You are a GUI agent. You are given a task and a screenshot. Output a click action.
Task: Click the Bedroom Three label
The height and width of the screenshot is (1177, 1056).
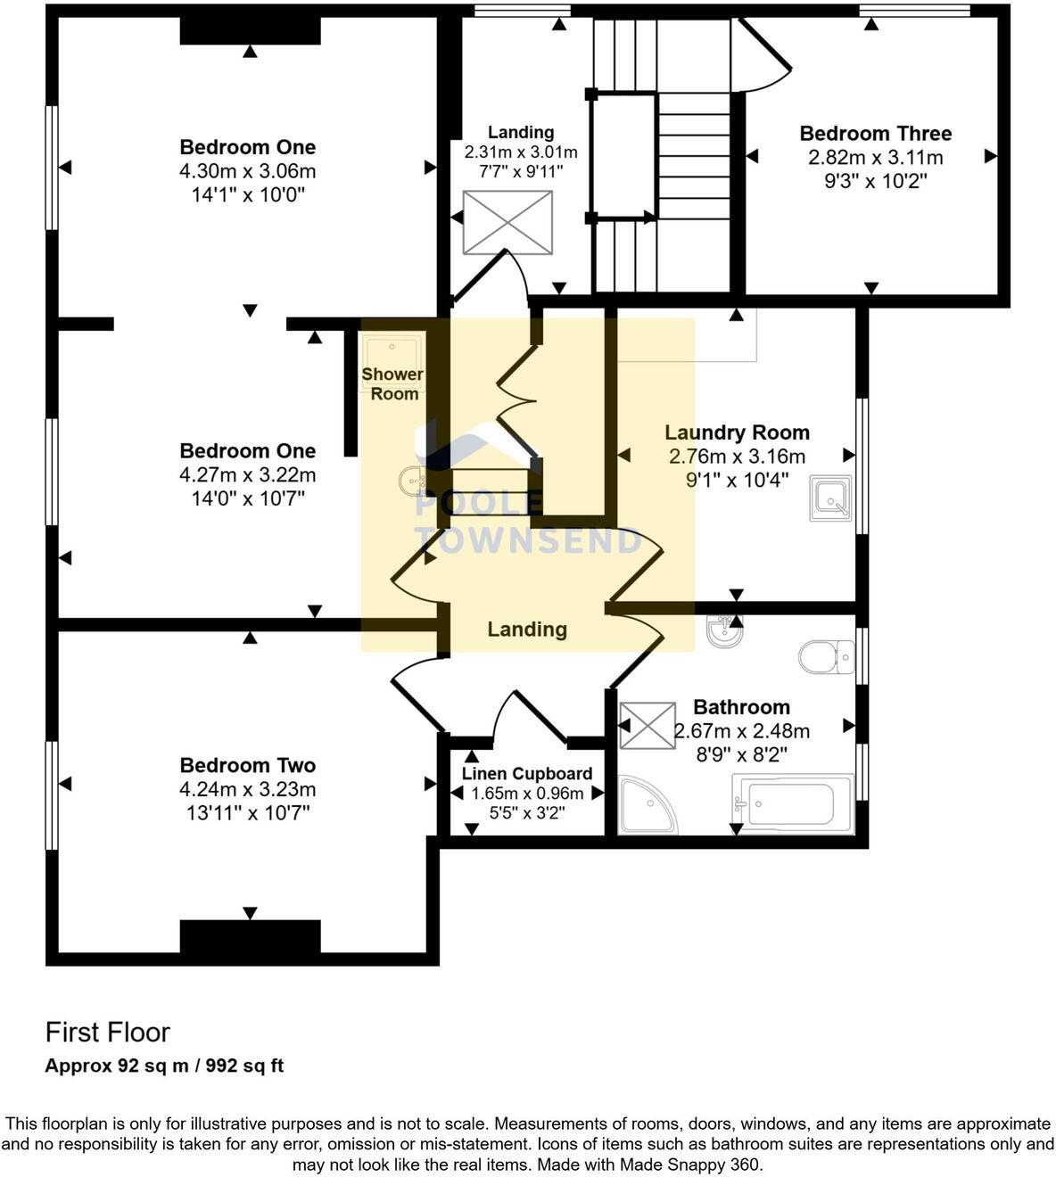(x=875, y=134)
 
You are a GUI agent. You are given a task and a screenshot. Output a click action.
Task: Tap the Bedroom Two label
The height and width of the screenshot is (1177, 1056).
(x=247, y=765)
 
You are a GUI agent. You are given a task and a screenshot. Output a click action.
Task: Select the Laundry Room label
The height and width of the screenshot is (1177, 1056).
(x=737, y=432)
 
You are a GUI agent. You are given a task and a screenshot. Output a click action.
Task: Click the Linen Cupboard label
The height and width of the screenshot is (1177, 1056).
(x=526, y=773)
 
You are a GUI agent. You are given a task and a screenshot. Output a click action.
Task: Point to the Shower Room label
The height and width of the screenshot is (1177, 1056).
(x=392, y=383)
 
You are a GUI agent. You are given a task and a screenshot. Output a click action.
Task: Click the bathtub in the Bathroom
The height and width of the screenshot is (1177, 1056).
(x=792, y=803)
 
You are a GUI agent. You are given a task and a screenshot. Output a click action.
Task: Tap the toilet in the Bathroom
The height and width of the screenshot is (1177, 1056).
(x=825, y=657)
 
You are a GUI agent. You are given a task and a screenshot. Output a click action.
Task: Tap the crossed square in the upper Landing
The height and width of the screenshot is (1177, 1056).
(x=507, y=222)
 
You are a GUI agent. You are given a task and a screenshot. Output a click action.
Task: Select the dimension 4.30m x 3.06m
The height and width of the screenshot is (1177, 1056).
(x=247, y=171)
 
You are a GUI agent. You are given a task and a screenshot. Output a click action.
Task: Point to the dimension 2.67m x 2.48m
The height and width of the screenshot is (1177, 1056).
(x=741, y=731)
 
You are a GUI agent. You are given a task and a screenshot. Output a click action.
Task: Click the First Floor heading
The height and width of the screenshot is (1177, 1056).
(x=107, y=1032)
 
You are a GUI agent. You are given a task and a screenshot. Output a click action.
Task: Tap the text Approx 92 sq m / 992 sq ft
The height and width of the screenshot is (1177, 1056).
(x=164, y=1066)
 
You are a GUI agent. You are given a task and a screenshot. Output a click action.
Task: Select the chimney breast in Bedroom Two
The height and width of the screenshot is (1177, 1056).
(x=250, y=937)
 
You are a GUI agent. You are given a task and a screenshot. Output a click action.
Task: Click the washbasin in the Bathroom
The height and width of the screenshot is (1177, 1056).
(x=723, y=632)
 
